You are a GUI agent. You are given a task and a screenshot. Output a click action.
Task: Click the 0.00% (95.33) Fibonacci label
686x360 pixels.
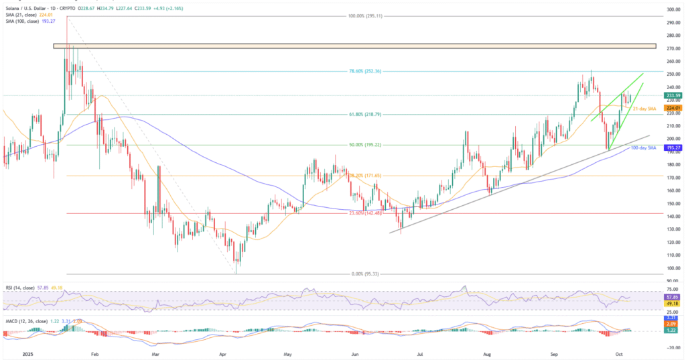pyautogui.click(x=364, y=274)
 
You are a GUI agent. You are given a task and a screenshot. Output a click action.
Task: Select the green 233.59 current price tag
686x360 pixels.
pyautogui.click(x=673, y=96)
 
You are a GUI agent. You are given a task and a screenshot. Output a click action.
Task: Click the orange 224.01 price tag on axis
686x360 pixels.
pyautogui.click(x=673, y=108)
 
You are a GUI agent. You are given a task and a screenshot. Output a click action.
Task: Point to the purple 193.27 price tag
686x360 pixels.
pyautogui.click(x=673, y=147)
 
